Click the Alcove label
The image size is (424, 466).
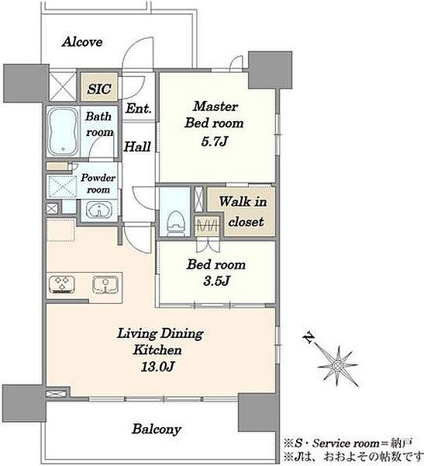(x=82, y=42)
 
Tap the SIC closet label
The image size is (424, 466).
(x=99, y=89)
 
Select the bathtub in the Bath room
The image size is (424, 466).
(x=63, y=131)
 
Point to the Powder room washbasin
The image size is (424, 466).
(x=99, y=210)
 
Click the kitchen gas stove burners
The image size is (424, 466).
(x=62, y=284)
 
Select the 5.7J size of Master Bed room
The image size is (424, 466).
(x=214, y=141)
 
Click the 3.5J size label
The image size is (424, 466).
(x=216, y=280)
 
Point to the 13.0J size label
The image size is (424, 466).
(x=157, y=367)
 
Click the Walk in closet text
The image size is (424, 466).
(x=244, y=211)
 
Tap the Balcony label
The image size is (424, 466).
(x=157, y=429)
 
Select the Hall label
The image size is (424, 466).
(x=137, y=147)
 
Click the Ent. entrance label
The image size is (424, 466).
(x=138, y=108)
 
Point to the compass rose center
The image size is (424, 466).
(x=337, y=365)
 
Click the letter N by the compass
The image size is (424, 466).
(x=309, y=337)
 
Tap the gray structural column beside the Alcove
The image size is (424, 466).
(x=26, y=83)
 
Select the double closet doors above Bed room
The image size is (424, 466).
(x=208, y=245)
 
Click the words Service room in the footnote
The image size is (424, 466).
(x=346, y=443)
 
